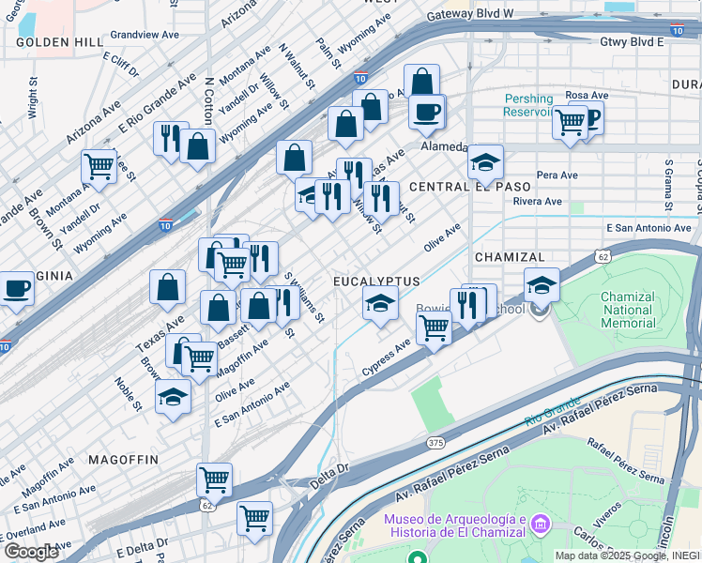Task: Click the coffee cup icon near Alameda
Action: [427, 112]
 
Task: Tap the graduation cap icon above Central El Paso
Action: [485, 163]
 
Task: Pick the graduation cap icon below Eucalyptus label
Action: [380, 304]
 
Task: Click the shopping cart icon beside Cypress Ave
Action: [433, 328]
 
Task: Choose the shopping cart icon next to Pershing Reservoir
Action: [570, 121]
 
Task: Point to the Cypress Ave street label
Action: [387, 359]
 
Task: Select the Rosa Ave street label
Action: [588, 95]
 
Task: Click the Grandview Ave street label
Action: [144, 34]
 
